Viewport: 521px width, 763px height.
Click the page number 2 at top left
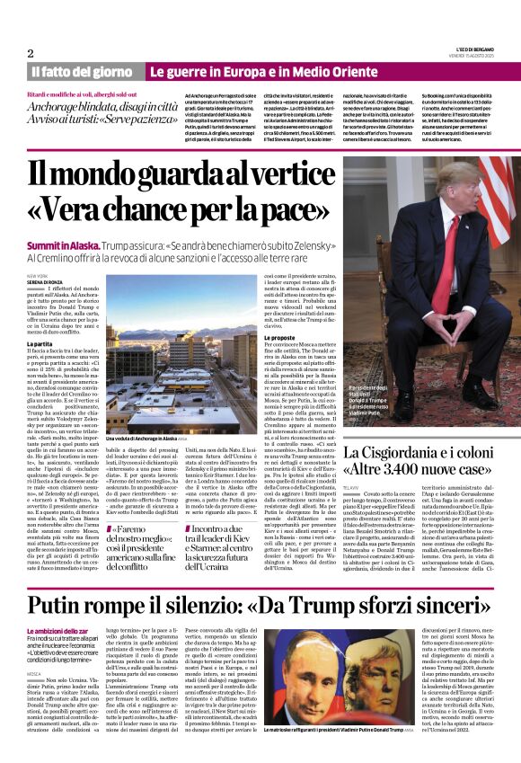31,53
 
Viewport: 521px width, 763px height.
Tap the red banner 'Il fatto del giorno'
84,71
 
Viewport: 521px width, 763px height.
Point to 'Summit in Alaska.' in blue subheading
63,244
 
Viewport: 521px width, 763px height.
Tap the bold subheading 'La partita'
40,344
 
